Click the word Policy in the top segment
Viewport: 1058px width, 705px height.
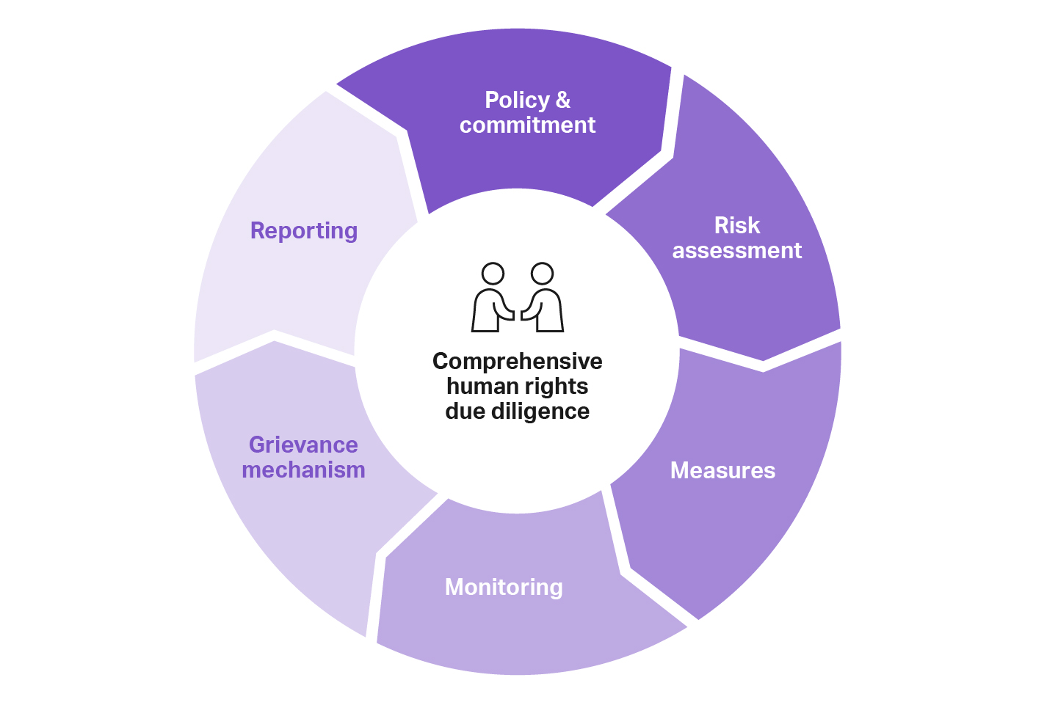click(x=517, y=100)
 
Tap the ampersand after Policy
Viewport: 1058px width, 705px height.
click(x=563, y=100)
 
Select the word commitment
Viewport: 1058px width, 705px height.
click(x=527, y=125)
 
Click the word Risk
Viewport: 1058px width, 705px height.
click(x=737, y=225)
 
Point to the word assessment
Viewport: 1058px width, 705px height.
click(x=737, y=251)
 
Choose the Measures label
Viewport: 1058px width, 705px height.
click(x=722, y=470)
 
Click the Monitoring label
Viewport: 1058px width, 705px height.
click(x=504, y=587)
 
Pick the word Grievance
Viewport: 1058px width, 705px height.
click(x=303, y=445)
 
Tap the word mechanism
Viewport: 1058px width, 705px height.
click(x=303, y=470)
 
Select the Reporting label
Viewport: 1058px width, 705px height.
click(x=304, y=230)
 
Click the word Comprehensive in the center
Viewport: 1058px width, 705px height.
click(x=517, y=361)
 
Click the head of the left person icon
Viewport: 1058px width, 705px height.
click(x=493, y=274)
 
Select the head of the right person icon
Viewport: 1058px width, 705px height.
click(x=542, y=274)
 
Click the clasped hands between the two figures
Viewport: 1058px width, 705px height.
click(x=518, y=313)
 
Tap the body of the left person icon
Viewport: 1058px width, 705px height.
click(x=486, y=312)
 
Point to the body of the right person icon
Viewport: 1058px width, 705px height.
click(x=549, y=312)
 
